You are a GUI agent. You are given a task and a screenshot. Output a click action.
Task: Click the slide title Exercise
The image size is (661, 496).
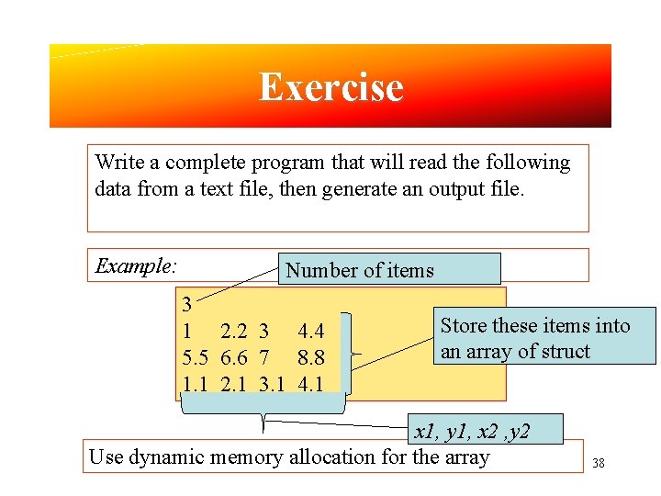[330, 87]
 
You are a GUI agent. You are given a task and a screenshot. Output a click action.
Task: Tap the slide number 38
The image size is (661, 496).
[599, 463]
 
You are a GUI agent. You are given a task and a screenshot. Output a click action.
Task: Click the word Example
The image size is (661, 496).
[135, 266]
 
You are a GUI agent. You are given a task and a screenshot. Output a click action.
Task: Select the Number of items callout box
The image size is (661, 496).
[390, 270]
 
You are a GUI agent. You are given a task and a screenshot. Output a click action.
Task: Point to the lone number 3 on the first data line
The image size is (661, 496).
[187, 304]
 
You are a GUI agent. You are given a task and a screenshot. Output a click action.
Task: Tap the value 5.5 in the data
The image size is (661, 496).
[195, 356]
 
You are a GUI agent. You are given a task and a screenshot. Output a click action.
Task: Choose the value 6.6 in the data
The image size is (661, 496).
[234, 356]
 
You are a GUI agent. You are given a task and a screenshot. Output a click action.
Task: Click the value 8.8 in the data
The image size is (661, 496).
[311, 356]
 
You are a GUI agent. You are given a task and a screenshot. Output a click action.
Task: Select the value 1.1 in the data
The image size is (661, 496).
[195, 382]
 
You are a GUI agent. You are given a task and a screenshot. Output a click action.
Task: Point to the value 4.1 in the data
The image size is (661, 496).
[310, 382]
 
